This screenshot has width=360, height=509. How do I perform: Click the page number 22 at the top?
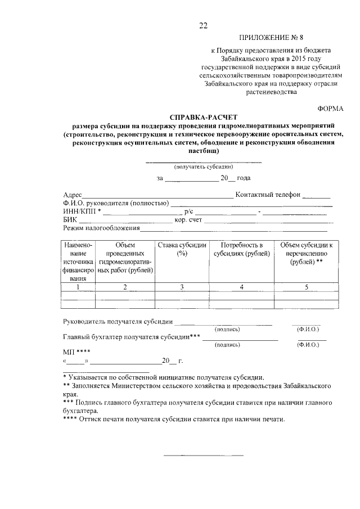click(x=203, y=25)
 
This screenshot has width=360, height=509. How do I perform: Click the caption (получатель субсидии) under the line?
click(x=203, y=167)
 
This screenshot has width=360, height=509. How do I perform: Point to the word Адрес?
click(x=73, y=195)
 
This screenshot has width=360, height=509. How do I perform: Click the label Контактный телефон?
click(x=268, y=195)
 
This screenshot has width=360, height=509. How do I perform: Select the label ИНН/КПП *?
click(x=82, y=211)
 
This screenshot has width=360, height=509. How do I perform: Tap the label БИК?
click(x=70, y=220)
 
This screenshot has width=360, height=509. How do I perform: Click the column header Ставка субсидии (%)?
click(x=182, y=249)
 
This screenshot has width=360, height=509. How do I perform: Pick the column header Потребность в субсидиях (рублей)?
click(x=241, y=249)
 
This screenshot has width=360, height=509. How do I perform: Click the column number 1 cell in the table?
click(x=78, y=287)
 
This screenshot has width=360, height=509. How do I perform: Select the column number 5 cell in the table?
click(x=307, y=287)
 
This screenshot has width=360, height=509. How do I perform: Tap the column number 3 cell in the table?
click(x=182, y=287)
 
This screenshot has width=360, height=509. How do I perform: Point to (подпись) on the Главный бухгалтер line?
click(x=227, y=344)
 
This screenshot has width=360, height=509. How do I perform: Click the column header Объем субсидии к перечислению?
click(x=307, y=253)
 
